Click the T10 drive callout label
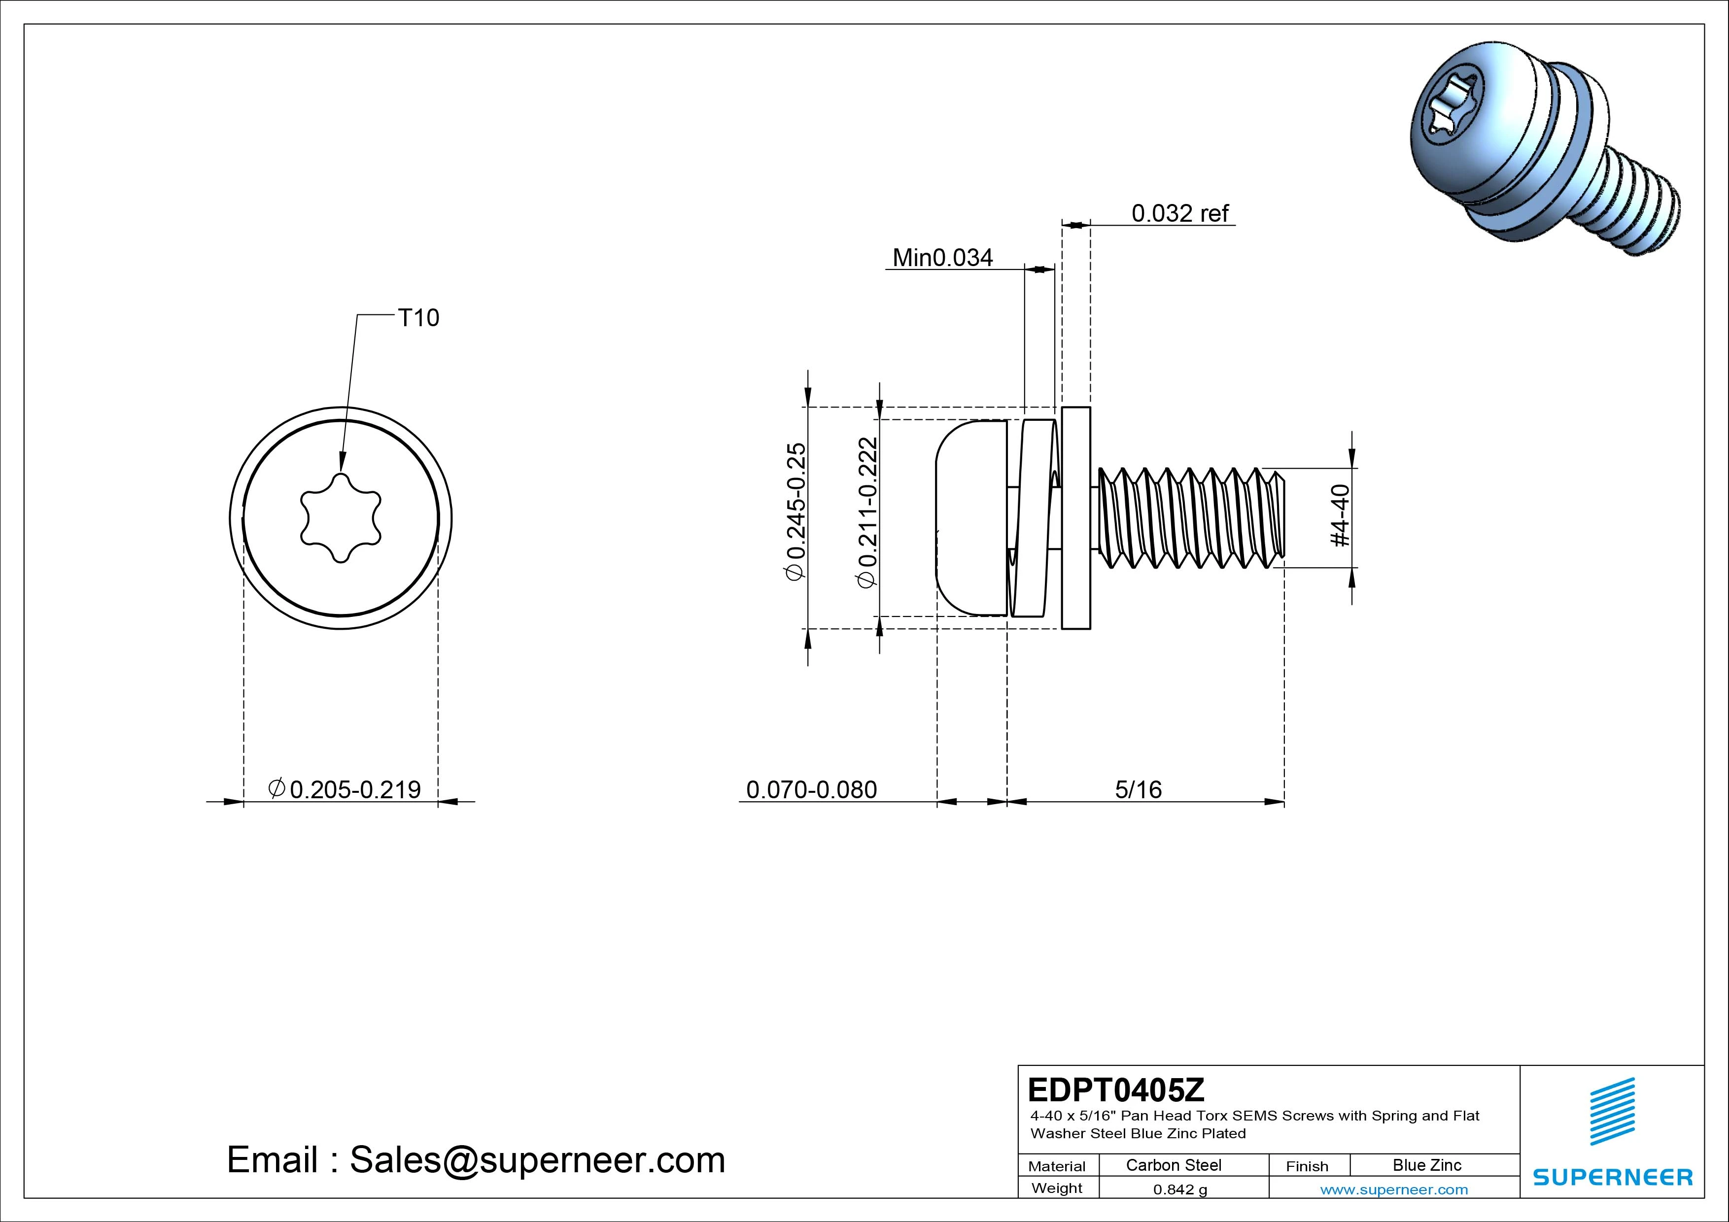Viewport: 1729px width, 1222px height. pos(418,318)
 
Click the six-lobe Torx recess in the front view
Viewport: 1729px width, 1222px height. pos(341,518)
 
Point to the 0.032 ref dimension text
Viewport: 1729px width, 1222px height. pos(1179,214)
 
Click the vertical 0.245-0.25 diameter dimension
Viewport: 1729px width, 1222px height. pos(795,512)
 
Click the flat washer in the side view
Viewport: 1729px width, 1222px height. pos(1076,518)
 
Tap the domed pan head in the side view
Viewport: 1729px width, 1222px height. pos(970,518)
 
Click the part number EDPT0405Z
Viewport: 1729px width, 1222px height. pos(1115,1089)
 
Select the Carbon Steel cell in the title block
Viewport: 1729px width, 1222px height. pos(1173,1165)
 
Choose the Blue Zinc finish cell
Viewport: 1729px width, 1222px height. pos(1426,1165)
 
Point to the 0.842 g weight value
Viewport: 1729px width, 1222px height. pos(1179,1189)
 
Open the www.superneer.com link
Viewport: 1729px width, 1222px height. pos(1394,1189)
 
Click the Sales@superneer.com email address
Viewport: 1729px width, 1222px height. pos(537,1159)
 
